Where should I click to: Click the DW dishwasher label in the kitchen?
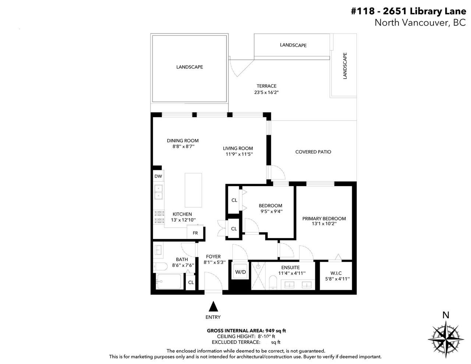pyautogui.click(x=158, y=176)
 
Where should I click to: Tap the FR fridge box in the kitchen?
pyautogui.click(x=195, y=232)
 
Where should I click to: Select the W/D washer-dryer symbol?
pyautogui.click(x=240, y=271)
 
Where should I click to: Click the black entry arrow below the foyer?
pyautogui.click(x=213, y=306)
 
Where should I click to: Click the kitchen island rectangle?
pyautogui.click(x=193, y=190)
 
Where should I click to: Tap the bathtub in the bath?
pyautogui.click(x=169, y=282)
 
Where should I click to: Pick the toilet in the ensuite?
pyautogui.click(x=273, y=283)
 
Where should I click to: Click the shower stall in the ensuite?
pyautogui.click(x=258, y=276)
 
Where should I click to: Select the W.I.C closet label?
pyautogui.click(x=336, y=273)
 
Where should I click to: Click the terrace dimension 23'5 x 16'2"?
pyautogui.click(x=266, y=92)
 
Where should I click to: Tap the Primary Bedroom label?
pyautogui.click(x=324, y=219)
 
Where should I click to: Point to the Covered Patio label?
pyautogui.click(x=313, y=152)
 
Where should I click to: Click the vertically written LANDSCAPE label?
pyautogui.click(x=345, y=66)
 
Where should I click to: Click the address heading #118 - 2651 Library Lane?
pyautogui.click(x=408, y=11)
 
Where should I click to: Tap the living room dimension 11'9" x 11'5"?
pyautogui.click(x=239, y=154)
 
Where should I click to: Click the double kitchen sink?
pyautogui.click(x=159, y=192)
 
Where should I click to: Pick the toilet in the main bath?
pyautogui.click(x=160, y=266)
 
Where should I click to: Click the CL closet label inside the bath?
pyautogui.click(x=191, y=282)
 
